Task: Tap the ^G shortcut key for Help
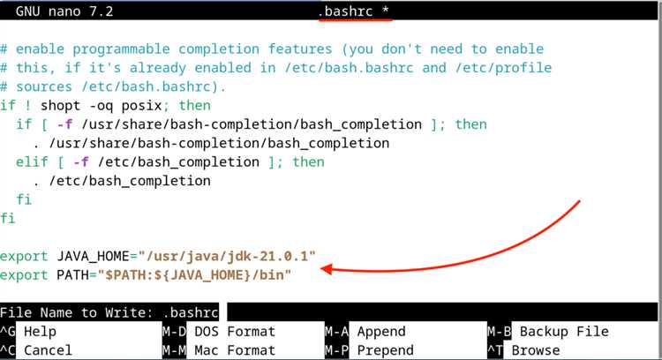pyautogui.click(x=8, y=332)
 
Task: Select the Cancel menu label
pyautogui.click(x=49, y=349)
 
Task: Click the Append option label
pyautogui.click(x=381, y=332)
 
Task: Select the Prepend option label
pyautogui.click(x=385, y=349)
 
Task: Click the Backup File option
pyautogui.click(x=564, y=332)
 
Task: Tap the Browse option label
pyautogui.click(x=536, y=349)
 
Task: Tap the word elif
pyautogui.click(x=33, y=161)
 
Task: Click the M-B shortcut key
pyautogui.click(x=499, y=332)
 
